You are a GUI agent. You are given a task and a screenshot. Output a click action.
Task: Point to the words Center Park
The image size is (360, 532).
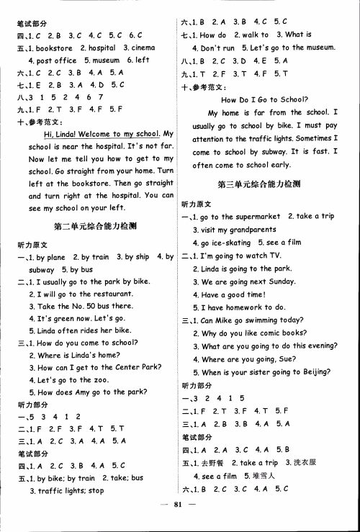click(137, 366)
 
